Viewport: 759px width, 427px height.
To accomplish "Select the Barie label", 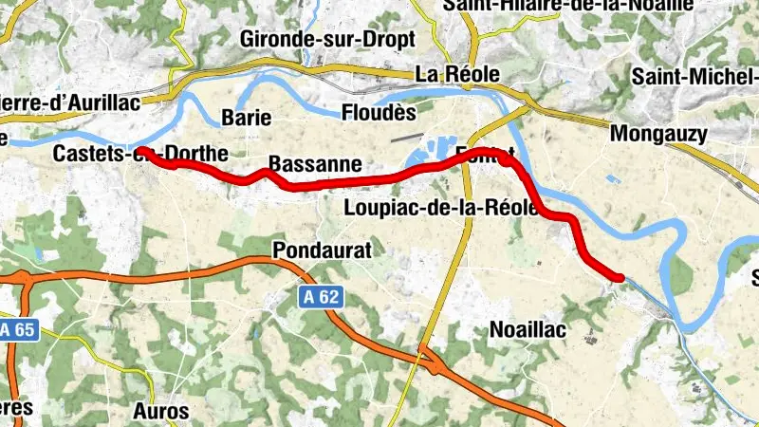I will point(246,118).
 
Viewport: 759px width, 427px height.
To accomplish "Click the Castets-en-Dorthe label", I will point(140,153).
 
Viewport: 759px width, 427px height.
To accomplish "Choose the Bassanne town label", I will point(315,164).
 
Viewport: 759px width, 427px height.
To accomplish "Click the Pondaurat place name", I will point(319,250).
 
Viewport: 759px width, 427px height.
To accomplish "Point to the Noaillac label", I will point(528,329).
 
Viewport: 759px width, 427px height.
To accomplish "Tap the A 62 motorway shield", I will point(322,297).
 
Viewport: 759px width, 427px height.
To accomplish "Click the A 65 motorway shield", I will point(16,330).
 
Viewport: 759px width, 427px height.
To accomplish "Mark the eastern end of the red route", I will point(620,277).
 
